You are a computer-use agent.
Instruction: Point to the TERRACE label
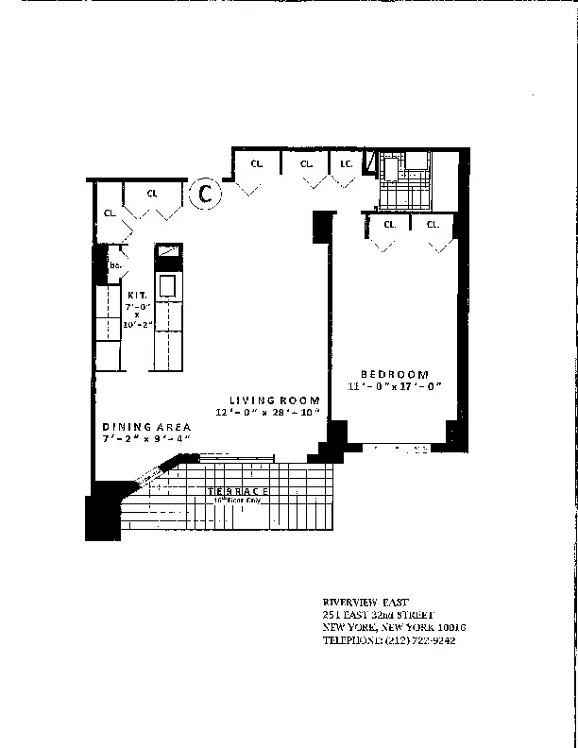coord(239,492)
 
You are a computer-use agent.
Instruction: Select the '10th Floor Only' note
coord(239,501)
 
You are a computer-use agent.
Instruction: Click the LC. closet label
coord(346,163)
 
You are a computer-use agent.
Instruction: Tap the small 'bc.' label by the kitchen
coord(117,266)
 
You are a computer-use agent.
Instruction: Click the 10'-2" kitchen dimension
coord(137,324)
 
